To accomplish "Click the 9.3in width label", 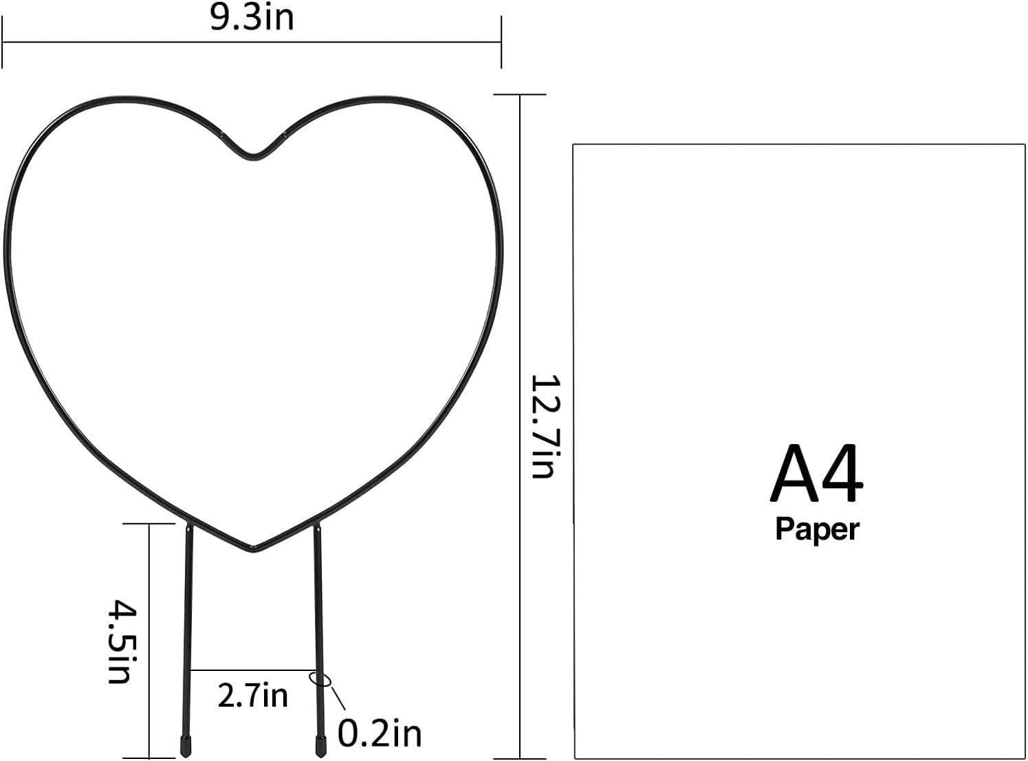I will coord(252,17).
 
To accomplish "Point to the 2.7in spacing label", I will coord(252,696).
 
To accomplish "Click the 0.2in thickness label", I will coord(380,734).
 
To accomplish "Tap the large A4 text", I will coord(816,474).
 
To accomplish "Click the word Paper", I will coord(817,529).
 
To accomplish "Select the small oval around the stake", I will coord(320,679).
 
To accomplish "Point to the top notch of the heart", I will coord(254,157).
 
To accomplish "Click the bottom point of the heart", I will coord(254,549).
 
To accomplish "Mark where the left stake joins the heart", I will coord(189,526).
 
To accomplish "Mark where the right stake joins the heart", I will coord(318,526).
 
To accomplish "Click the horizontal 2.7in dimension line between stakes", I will coord(252,670).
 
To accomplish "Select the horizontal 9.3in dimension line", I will coord(252,43).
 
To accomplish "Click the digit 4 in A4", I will coord(842,474).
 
